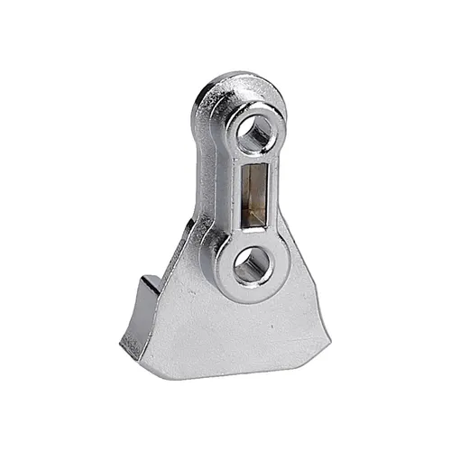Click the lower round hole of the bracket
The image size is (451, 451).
[252, 266]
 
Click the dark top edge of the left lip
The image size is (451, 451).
[149, 282]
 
